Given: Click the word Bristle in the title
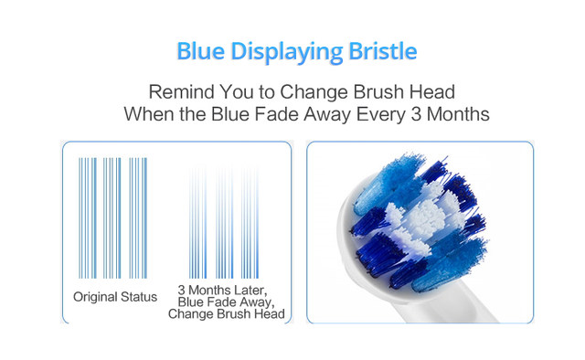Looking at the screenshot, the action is point(383,51).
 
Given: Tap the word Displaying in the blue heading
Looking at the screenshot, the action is point(286,52).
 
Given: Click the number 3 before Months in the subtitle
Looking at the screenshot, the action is point(416,114).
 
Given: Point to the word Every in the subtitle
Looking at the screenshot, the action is point(380,114).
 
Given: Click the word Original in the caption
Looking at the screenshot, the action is point(95,297).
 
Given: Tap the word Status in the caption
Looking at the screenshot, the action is point(139,297).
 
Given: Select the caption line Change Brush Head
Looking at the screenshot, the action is point(227,313).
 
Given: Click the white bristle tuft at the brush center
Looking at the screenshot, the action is point(425,217).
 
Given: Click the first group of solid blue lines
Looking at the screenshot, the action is point(88,217).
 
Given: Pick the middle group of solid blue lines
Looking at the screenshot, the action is point(112,217).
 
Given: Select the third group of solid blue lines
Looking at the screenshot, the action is point(138,217).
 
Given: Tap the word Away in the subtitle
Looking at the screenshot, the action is point(327,115).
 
